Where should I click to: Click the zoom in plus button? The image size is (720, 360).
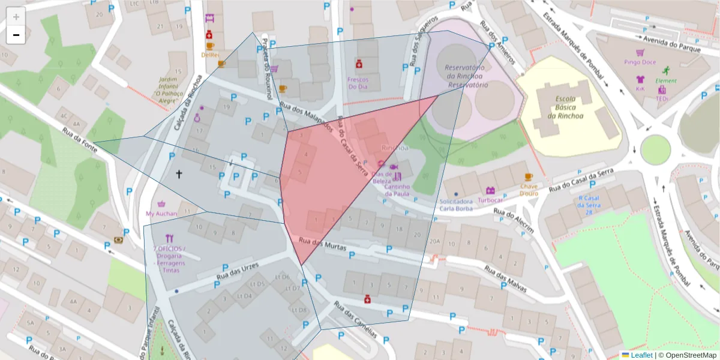click(x=16, y=17)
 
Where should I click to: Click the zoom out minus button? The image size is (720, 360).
click(x=16, y=35)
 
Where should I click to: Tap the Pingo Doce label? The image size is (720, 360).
click(x=640, y=62)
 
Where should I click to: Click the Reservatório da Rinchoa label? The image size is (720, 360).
click(x=466, y=77)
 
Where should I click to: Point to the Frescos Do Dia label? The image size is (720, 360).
click(x=358, y=83)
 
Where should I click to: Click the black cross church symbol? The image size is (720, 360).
click(x=178, y=174)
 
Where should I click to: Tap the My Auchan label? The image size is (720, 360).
click(x=161, y=214)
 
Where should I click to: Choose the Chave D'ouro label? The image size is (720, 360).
click(x=528, y=190)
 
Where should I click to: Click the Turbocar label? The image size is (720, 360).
click(x=490, y=200)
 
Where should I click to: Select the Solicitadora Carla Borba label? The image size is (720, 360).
click(x=456, y=205)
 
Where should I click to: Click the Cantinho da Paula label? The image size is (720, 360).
click(x=397, y=190)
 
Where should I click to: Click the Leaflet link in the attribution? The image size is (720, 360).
click(x=640, y=355)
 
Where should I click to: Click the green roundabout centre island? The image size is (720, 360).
click(x=655, y=149)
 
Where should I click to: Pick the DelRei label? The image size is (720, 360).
click(x=210, y=55)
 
